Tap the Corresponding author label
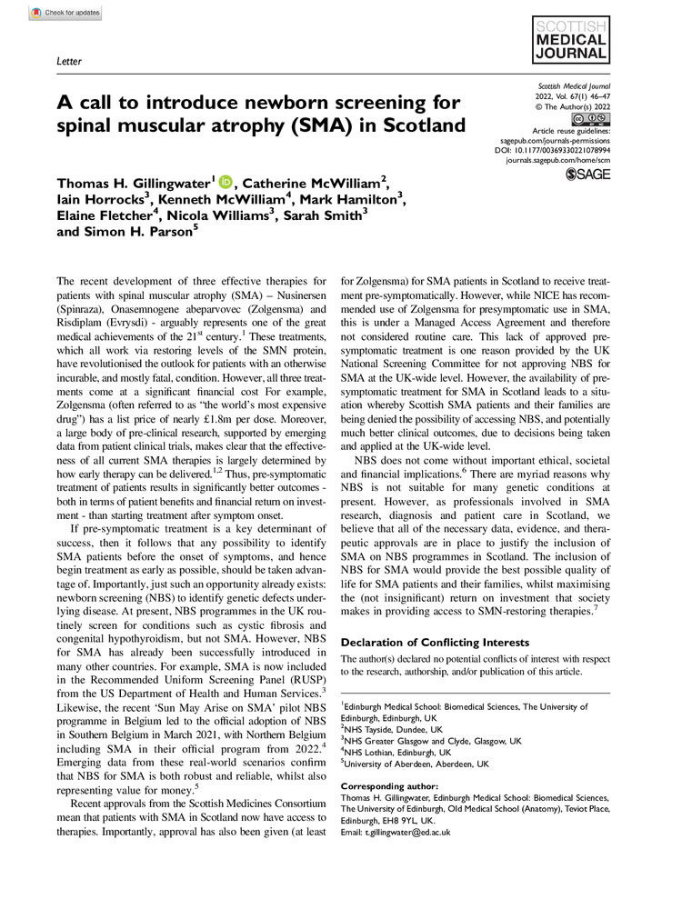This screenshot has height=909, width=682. (x=388, y=785)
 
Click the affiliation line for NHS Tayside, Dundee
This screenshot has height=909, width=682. (x=393, y=728)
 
